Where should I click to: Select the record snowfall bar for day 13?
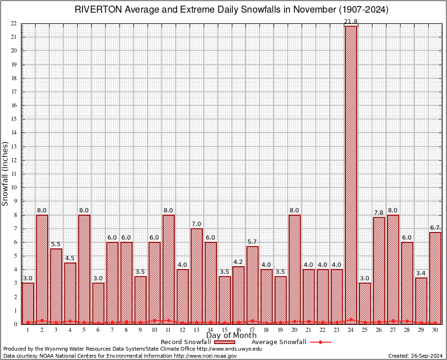click(197, 276)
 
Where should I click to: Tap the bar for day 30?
click(435, 278)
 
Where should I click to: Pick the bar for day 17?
click(253, 285)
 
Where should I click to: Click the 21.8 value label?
click(351, 22)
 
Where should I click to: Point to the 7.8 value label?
click(379, 213)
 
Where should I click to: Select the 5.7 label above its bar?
click(253, 242)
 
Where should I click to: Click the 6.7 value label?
click(435, 228)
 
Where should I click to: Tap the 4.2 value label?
click(238, 262)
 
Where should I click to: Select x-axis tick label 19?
click(281, 330)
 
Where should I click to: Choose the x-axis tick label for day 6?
click(98, 330)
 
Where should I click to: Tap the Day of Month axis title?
click(231, 336)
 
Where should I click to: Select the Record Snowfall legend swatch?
click(224, 342)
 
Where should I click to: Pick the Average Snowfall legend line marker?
click(320, 342)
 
